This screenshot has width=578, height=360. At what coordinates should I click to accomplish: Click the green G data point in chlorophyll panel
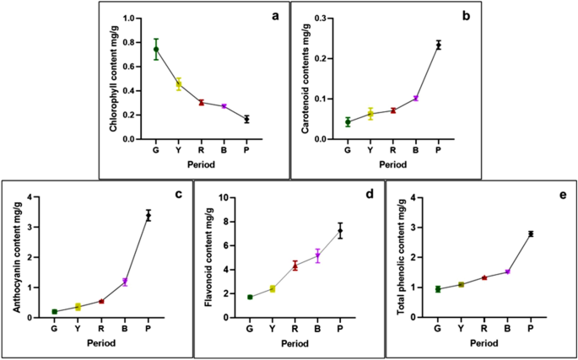click(x=156, y=49)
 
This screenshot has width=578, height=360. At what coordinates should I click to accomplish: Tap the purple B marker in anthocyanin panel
click(x=125, y=282)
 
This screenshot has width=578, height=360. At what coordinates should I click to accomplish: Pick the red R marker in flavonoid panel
click(x=295, y=266)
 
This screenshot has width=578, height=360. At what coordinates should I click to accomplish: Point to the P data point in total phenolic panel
click(x=531, y=234)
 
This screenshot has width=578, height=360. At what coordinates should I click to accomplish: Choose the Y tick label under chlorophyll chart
click(x=179, y=151)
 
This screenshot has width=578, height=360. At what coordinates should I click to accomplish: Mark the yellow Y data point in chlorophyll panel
click(x=179, y=84)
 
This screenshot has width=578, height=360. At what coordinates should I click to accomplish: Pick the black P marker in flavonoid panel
click(x=341, y=231)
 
